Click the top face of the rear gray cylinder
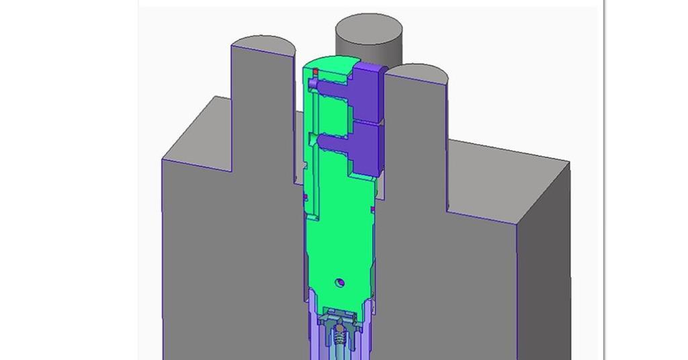pos(369,31)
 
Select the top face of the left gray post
pos(263,46)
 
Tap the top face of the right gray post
pos(417,74)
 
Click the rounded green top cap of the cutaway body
pos(329,64)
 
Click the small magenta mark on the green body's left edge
pos(305,197)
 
